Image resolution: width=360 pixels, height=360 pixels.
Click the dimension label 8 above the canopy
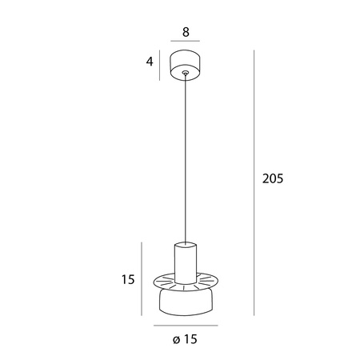[x=186, y=32]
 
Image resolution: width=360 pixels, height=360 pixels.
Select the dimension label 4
[x=150, y=62]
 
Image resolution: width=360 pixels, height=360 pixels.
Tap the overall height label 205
[x=273, y=178]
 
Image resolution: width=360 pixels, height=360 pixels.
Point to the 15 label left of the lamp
[x=128, y=279]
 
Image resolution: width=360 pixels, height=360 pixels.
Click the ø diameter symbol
[x=176, y=340]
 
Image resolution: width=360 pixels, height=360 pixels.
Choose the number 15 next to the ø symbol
[x=190, y=339]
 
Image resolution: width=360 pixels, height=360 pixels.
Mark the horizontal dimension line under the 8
[x=186, y=41]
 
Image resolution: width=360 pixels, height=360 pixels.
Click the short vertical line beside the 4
[x=159, y=65]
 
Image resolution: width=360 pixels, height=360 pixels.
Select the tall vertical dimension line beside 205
[x=254, y=182]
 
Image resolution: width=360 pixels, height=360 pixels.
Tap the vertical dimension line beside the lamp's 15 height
[x=142, y=278]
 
